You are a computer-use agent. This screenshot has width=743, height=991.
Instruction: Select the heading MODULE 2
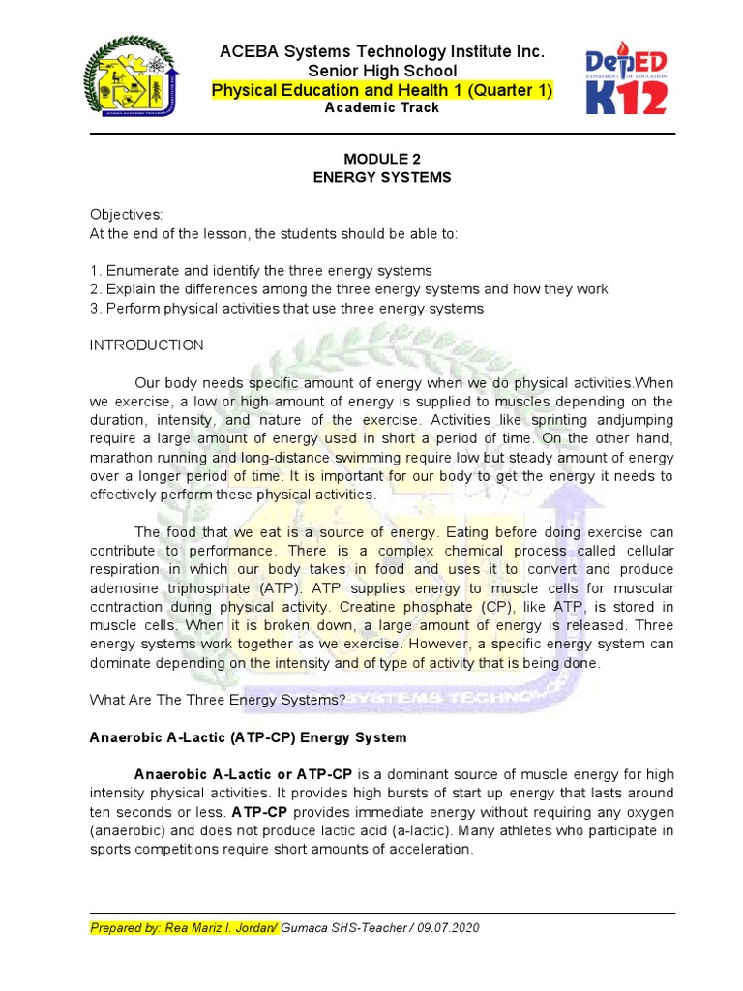click(384, 159)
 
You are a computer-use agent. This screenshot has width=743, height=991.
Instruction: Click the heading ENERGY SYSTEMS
click(384, 178)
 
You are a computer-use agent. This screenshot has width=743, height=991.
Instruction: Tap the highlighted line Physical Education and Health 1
click(382, 91)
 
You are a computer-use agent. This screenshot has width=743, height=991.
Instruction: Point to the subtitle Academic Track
click(382, 108)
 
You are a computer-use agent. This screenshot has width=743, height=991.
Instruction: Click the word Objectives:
click(127, 214)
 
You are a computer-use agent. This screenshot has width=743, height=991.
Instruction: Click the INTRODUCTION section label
click(147, 345)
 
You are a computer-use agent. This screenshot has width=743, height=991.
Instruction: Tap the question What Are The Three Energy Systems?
click(218, 700)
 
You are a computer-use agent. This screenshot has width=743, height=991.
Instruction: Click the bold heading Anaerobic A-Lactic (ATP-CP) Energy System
click(249, 737)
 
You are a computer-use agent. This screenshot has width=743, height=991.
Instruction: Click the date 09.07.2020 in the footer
click(449, 928)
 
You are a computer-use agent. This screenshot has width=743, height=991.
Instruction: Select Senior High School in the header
click(382, 72)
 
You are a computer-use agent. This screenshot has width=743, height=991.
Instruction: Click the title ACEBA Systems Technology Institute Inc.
click(383, 51)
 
